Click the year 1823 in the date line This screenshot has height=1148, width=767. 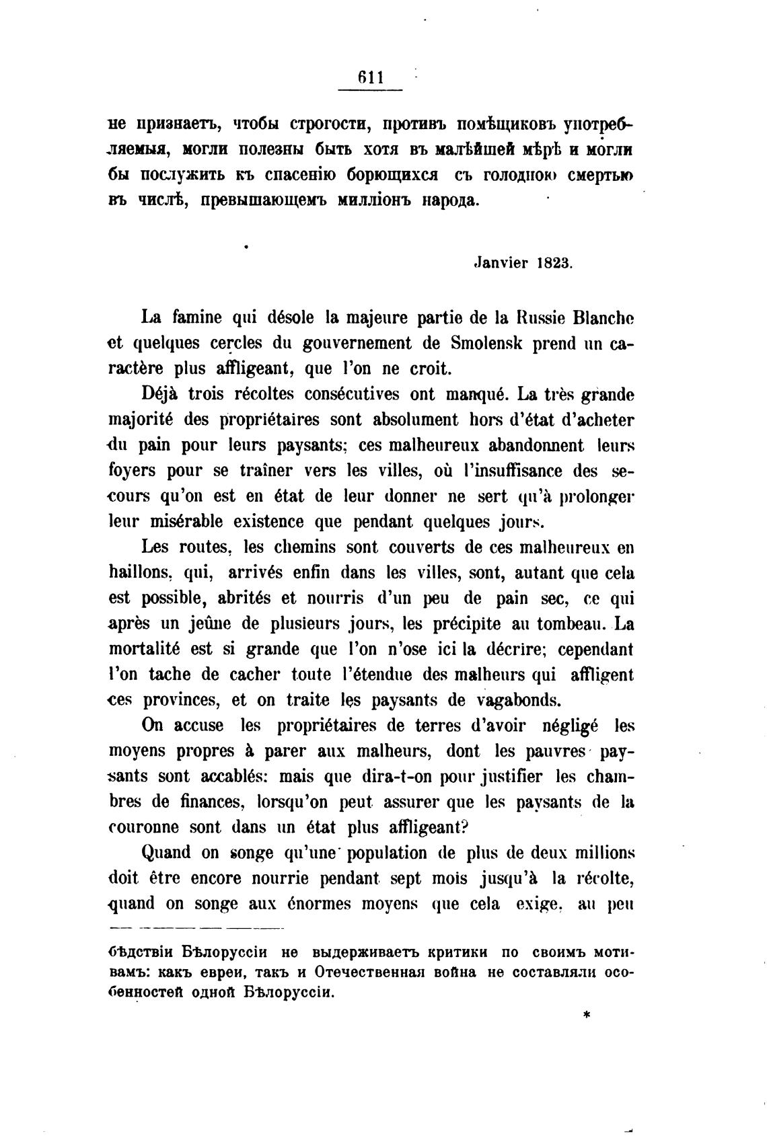(554, 263)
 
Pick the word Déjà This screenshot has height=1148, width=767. (160, 394)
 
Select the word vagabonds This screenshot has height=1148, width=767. (518, 701)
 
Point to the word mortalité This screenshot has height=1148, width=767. (145, 650)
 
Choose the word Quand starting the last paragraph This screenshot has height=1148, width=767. (166, 853)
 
